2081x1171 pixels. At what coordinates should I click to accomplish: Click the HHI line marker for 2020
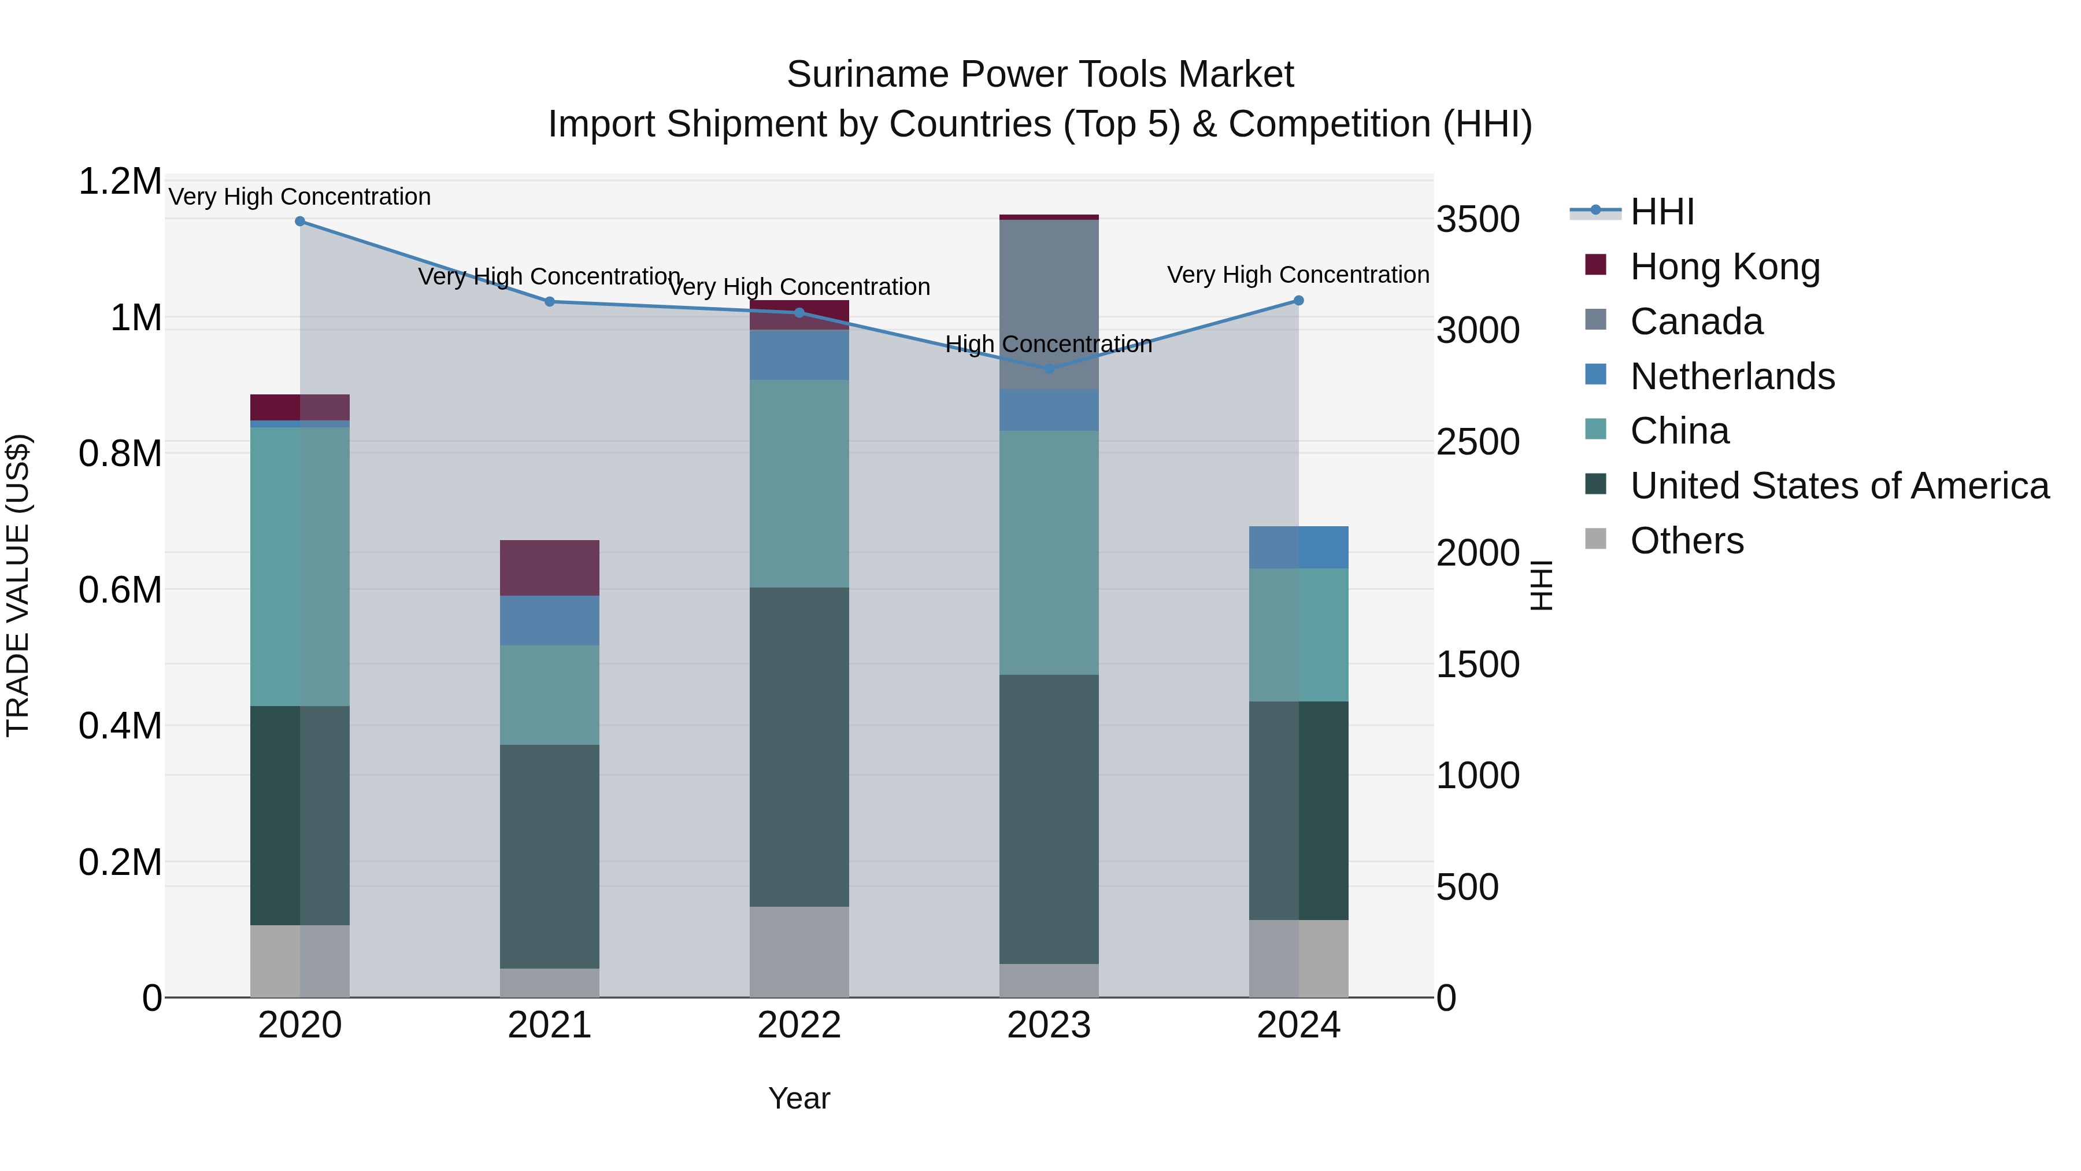pyautogui.click(x=299, y=221)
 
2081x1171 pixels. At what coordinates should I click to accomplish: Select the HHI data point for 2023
pyautogui.click(x=1049, y=368)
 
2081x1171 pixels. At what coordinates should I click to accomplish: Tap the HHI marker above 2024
pyautogui.click(x=1298, y=301)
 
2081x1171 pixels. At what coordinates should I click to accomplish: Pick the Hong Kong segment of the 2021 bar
pyautogui.click(x=549, y=567)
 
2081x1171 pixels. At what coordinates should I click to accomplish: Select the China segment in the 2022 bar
pyautogui.click(x=799, y=483)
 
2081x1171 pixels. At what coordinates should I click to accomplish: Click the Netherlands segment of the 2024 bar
pyautogui.click(x=1298, y=547)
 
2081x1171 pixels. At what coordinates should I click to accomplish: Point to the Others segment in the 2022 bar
pyautogui.click(x=799, y=951)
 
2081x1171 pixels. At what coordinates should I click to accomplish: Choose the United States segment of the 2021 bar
pyautogui.click(x=549, y=856)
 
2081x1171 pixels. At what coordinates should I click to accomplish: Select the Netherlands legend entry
pyautogui.click(x=1731, y=376)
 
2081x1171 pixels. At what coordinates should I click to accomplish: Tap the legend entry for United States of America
pyautogui.click(x=1839, y=486)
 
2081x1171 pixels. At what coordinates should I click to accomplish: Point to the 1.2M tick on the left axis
pyautogui.click(x=120, y=182)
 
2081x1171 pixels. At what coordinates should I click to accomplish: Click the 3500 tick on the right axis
pyautogui.click(x=1478, y=220)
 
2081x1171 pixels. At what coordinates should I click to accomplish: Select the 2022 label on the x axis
pyautogui.click(x=799, y=1025)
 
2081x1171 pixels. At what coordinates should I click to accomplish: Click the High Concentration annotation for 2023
pyautogui.click(x=1048, y=344)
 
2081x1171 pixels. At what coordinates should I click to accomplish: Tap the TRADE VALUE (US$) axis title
pyautogui.click(x=18, y=585)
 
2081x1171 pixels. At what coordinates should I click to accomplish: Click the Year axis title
pyautogui.click(x=799, y=1098)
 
